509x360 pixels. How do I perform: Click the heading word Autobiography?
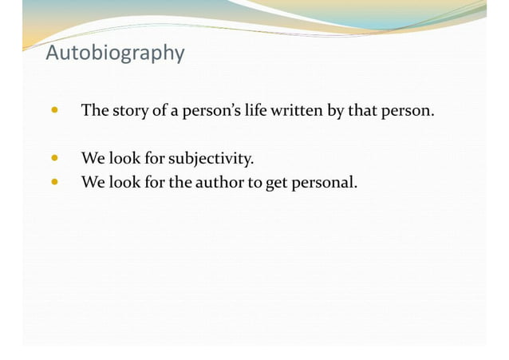[115, 53]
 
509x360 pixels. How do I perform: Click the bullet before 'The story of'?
[53, 110]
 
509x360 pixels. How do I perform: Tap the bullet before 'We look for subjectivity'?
[53, 158]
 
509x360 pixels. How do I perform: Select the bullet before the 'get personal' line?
[53, 182]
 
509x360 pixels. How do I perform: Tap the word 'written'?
[297, 110]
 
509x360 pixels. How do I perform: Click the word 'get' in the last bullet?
[275, 184]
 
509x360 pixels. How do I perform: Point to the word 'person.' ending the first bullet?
[408, 110]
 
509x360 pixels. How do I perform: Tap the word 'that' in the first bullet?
[361, 110]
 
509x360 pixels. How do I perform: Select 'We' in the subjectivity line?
[93, 158]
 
